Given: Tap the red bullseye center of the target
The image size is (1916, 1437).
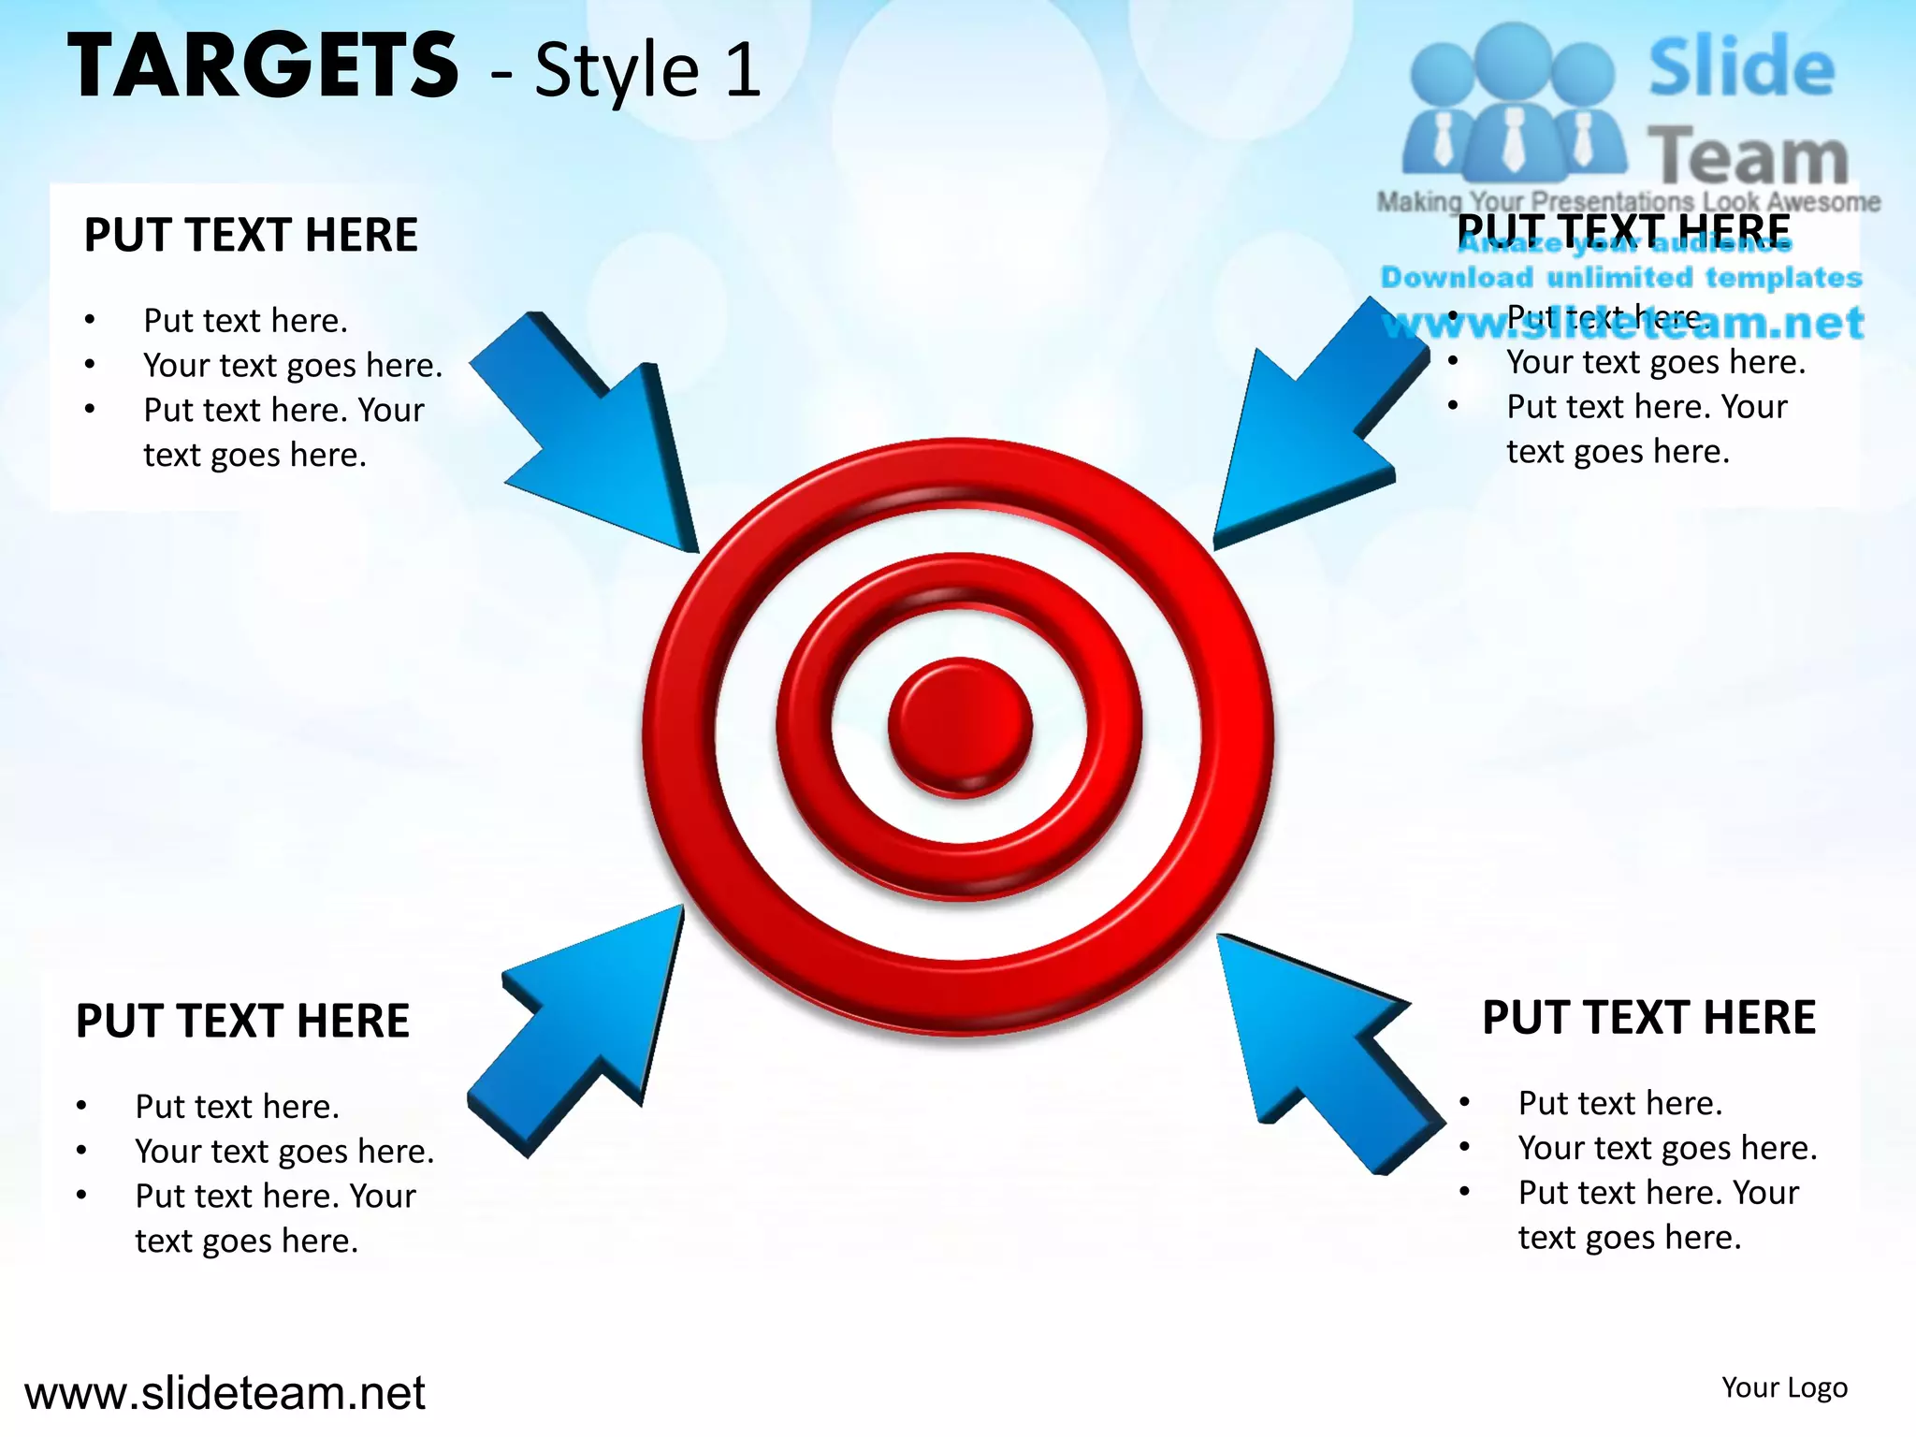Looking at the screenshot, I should pos(960,727).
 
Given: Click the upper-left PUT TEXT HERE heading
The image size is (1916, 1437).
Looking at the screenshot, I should pos(251,235).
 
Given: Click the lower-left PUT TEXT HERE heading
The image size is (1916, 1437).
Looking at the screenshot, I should pos(242,1021).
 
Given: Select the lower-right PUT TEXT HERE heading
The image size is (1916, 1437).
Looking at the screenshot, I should pos(1648,1018).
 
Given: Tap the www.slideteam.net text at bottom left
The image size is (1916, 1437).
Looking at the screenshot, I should pos(225,1393).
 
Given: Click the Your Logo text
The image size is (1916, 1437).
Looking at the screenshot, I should pos(1784,1387).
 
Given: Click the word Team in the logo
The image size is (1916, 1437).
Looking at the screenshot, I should pos(1747,157).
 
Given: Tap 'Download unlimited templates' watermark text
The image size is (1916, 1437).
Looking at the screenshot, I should pos(1621,278).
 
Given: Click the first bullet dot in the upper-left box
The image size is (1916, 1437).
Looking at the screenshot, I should pos(90,320).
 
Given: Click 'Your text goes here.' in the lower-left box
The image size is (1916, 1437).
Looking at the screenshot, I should pos(284,1152).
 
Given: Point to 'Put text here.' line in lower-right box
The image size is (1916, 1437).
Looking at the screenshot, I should pos(1619,1104).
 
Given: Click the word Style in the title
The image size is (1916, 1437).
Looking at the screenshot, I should pos(617,71).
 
